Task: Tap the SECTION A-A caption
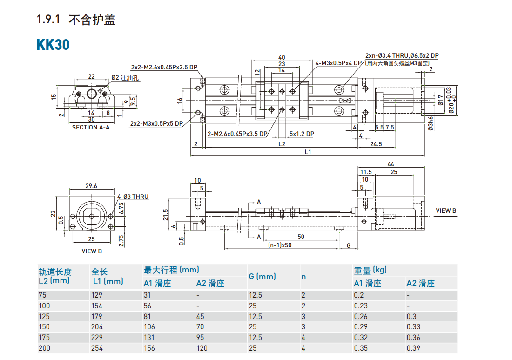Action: (x=91, y=127)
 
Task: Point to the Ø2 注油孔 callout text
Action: (x=126, y=78)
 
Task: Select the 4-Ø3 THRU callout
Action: (x=133, y=197)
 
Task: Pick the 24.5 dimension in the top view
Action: (x=376, y=144)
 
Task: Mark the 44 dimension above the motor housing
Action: (x=390, y=164)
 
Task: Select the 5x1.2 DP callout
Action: (x=302, y=134)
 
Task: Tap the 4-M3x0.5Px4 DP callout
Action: (x=338, y=63)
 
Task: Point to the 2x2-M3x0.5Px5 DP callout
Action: (x=156, y=124)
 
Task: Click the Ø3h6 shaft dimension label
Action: (x=431, y=123)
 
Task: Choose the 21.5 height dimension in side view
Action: (x=165, y=214)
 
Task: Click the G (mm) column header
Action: (x=262, y=276)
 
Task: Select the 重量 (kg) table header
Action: (x=371, y=270)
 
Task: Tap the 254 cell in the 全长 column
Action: (x=97, y=348)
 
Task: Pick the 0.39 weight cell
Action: (x=413, y=348)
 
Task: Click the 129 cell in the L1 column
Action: (x=97, y=295)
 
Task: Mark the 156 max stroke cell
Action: (x=149, y=348)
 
